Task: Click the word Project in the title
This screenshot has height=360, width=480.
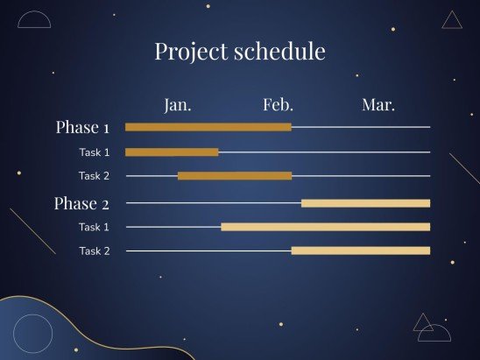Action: (x=192, y=52)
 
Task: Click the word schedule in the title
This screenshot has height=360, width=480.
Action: (x=279, y=51)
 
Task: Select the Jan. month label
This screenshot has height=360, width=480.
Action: (x=178, y=105)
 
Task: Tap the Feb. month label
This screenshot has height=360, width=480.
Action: (x=278, y=104)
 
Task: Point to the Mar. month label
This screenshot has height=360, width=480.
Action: (x=378, y=105)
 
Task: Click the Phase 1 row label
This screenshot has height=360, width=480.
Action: (x=82, y=127)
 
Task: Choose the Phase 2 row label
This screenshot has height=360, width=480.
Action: (x=81, y=203)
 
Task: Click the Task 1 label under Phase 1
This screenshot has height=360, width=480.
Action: (x=95, y=152)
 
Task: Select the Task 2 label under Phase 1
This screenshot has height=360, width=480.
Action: (x=94, y=176)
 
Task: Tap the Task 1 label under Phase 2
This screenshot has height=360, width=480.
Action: (x=94, y=227)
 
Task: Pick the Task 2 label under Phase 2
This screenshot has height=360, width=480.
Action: (x=95, y=251)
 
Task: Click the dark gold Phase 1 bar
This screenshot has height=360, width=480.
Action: (x=208, y=127)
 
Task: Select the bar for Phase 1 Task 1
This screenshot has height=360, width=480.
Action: (x=172, y=152)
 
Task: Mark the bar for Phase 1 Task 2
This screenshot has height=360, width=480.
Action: (x=235, y=176)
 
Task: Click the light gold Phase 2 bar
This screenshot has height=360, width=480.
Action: (x=365, y=203)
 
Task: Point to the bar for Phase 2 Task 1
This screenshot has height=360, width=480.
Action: (x=326, y=227)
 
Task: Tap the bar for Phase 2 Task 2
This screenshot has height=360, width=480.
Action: (x=361, y=251)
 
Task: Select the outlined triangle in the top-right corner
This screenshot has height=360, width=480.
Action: (x=452, y=28)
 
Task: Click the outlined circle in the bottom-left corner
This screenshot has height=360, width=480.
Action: (x=13, y=334)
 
